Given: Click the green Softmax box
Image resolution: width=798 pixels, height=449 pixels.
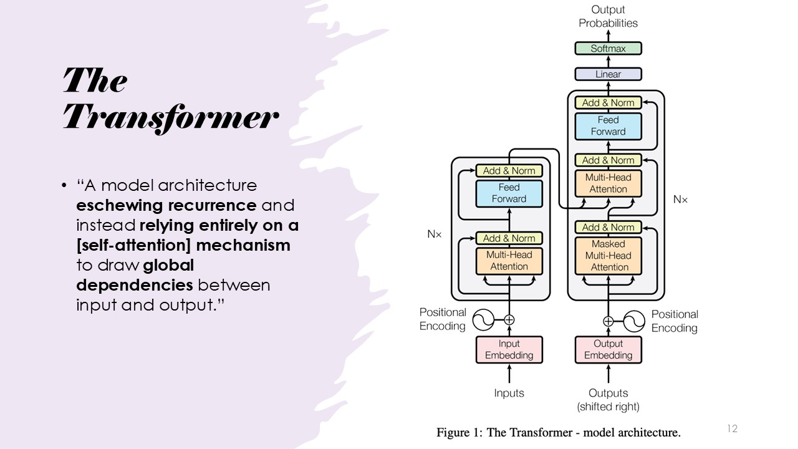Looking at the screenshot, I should click(x=608, y=48).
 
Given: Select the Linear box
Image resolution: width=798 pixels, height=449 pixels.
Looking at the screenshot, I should click(x=608, y=74).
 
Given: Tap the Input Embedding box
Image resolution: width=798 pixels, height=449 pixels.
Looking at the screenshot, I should click(x=509, y=350).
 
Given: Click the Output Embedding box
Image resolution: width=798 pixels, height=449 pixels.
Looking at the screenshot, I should click(x=608, y=350).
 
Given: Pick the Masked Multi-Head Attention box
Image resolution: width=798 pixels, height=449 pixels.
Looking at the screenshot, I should click(x=608, y=256).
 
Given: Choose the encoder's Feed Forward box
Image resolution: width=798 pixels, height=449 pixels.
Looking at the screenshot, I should click(x=509, y=193).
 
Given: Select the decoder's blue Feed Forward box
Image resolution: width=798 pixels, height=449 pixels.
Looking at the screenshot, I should click(x=608, y=126).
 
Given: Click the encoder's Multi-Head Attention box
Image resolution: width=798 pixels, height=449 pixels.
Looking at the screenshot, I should click(x=509, y=261).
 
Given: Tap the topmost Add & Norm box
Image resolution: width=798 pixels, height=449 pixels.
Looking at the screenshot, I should click(x=608, y=103).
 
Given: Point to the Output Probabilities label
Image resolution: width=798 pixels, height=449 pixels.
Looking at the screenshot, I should click(x=608, y=16).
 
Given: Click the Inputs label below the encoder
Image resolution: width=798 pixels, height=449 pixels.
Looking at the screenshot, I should click(x=509, y=393).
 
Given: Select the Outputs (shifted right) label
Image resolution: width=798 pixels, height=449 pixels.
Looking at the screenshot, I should click(x=608, y=400).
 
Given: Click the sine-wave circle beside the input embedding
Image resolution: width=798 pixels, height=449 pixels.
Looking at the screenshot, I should click(x=483, y=320).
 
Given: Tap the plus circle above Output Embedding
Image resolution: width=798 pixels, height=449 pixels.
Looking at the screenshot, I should click(x=608, y=321).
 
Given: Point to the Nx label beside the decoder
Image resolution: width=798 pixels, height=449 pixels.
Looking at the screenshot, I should click(x=680, y=200).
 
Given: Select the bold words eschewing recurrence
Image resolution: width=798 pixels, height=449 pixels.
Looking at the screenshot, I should click(x=166, y=205).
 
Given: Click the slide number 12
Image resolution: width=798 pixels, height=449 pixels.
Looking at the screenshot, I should click(x=732, y=428).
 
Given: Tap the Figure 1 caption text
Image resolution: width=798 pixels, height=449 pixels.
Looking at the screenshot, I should click(x=558, y=432).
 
